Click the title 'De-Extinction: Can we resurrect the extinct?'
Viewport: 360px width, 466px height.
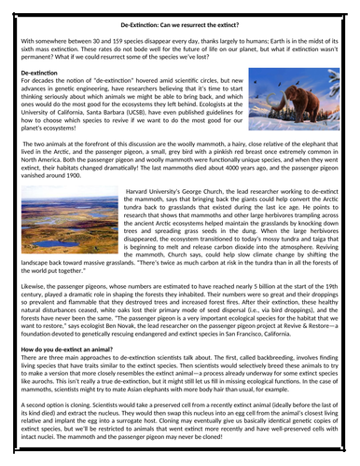(180, 21)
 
